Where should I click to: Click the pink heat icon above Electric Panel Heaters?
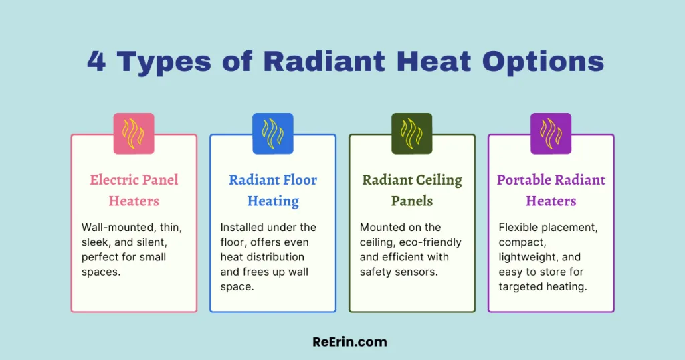pyautogui.click(x=134, y=133)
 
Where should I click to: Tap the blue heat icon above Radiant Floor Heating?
pyautogui.click(x=272, y=133)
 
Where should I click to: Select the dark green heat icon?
pyautogui.click(x=411, y=133)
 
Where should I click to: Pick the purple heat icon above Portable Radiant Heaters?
pyautogui.click(x=551, y=133)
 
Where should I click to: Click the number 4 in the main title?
pyautogui.click(x=98, y=62)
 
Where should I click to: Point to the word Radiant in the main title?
pyautogui.click(x=325, y=62)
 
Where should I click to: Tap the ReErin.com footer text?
pyautogui.click(x=350, y=341)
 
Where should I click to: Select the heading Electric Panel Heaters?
pyautogui.click(x=134, y=190)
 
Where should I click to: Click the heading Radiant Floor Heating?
pyautogui.click(x=272, y=190)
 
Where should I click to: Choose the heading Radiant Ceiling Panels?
pyautogui.click(x=411, y=190)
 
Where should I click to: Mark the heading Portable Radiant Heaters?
pyautogui.click(x=551, y=190)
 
